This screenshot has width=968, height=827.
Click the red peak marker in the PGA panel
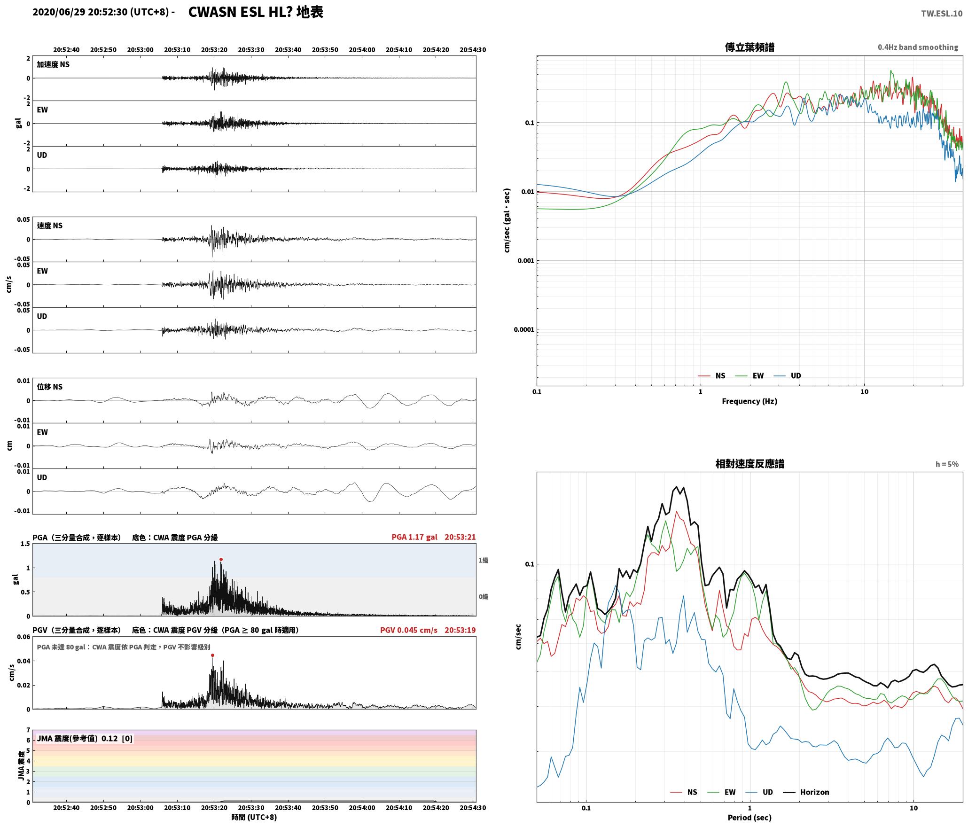(221, 559)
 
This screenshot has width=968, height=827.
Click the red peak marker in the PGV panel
(212, 655)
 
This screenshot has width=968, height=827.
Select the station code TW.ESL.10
(941, 14)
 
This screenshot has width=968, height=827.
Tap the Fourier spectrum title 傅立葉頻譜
(749, 47)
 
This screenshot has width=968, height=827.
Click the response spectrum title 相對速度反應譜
(749, 464)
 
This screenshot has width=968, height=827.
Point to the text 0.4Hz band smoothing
(918, 47)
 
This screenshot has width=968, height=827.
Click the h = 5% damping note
(947, 464)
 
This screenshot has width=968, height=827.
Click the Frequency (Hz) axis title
(749, 401)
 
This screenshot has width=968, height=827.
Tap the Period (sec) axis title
(749, 817)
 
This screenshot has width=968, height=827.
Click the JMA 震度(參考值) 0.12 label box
(85, 739)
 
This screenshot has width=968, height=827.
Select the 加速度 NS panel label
(53, 64)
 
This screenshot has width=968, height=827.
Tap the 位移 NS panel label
(49, 387)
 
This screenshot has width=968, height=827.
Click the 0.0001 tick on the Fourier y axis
(524, 329)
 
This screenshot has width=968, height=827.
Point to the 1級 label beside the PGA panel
(484, 560)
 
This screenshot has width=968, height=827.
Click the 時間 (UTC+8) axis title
(254, 817)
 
